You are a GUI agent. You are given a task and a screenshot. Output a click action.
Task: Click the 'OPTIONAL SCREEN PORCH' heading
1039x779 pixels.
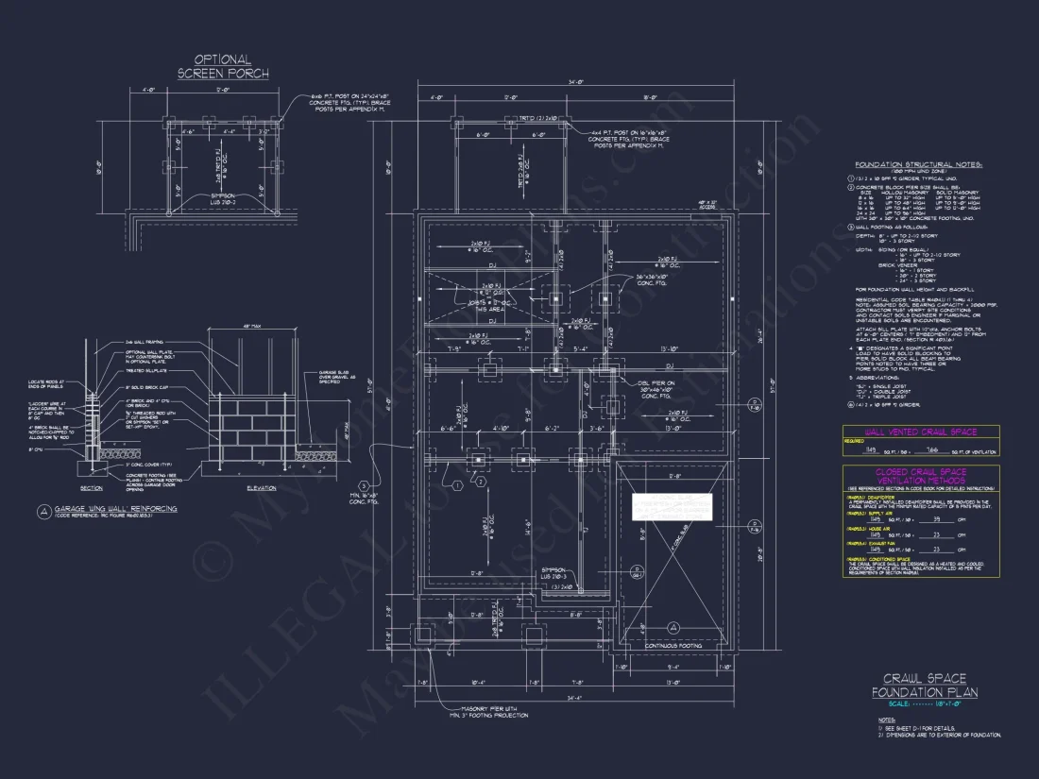point(223,66)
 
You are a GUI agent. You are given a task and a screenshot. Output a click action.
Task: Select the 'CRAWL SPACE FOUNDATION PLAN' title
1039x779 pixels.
point(924,686)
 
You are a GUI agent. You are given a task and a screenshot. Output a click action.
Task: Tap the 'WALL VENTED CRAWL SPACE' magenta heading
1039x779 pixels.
point(920,432)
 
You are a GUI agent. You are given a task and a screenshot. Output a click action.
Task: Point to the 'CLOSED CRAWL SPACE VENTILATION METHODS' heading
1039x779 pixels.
point(920,477)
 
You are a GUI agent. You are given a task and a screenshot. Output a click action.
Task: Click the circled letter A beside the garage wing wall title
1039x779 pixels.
point(43,511)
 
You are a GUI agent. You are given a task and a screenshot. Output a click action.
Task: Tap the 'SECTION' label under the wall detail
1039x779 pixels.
point(92,488)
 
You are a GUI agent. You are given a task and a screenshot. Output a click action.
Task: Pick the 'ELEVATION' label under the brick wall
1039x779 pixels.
point(261,488)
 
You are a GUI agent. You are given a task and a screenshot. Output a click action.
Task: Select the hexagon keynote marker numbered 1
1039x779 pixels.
point(456,484)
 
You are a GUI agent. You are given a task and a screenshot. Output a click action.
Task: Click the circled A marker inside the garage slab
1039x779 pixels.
point(673,628)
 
